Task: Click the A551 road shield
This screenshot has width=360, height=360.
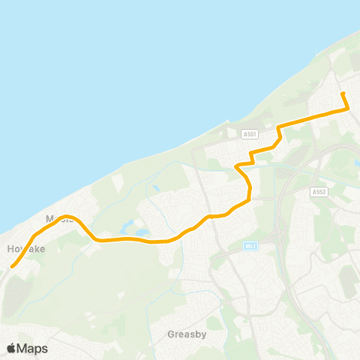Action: click(250, 134)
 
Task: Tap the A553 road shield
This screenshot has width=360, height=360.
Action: click(319, 192)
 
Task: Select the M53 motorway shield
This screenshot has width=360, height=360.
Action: click(251, 245)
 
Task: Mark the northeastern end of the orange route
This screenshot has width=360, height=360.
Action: click(343, 93)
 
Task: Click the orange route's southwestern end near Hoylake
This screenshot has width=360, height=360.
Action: click(12, 265)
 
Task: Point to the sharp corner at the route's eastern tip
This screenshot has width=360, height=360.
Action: click(349, 109)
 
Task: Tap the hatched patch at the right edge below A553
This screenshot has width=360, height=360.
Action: click(349, 281)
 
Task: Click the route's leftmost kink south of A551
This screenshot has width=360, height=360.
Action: click(237, 165)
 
